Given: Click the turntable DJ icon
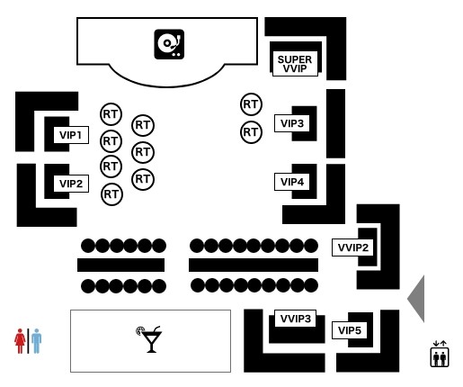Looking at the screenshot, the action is (169, 44).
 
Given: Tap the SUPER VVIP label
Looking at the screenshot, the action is (295, 64).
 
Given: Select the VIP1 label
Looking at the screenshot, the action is (71, 135).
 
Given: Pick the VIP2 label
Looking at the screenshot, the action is (71, 184).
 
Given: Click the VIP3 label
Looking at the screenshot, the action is (292, 123).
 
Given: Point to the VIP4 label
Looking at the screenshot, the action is (292, 182).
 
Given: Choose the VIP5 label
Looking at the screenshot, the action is (349, 330).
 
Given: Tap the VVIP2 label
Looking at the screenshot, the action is (352, 247).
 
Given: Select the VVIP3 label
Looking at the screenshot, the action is (295, 319).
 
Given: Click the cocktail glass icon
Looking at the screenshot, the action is (149, 339).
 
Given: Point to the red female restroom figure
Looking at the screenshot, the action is (20, 341).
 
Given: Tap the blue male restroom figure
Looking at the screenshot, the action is (36, 341).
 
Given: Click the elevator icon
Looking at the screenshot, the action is (440, 354).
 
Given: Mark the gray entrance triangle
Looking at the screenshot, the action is (418, 299).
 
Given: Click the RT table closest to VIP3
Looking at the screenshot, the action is (251, 132).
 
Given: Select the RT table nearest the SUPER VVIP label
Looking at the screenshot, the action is (251, 104).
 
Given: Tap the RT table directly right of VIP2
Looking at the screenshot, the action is (111, 194).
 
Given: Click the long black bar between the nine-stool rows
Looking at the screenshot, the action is (254, 265).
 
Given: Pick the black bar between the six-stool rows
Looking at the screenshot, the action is (120, 265).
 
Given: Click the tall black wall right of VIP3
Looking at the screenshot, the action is (335, 123).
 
